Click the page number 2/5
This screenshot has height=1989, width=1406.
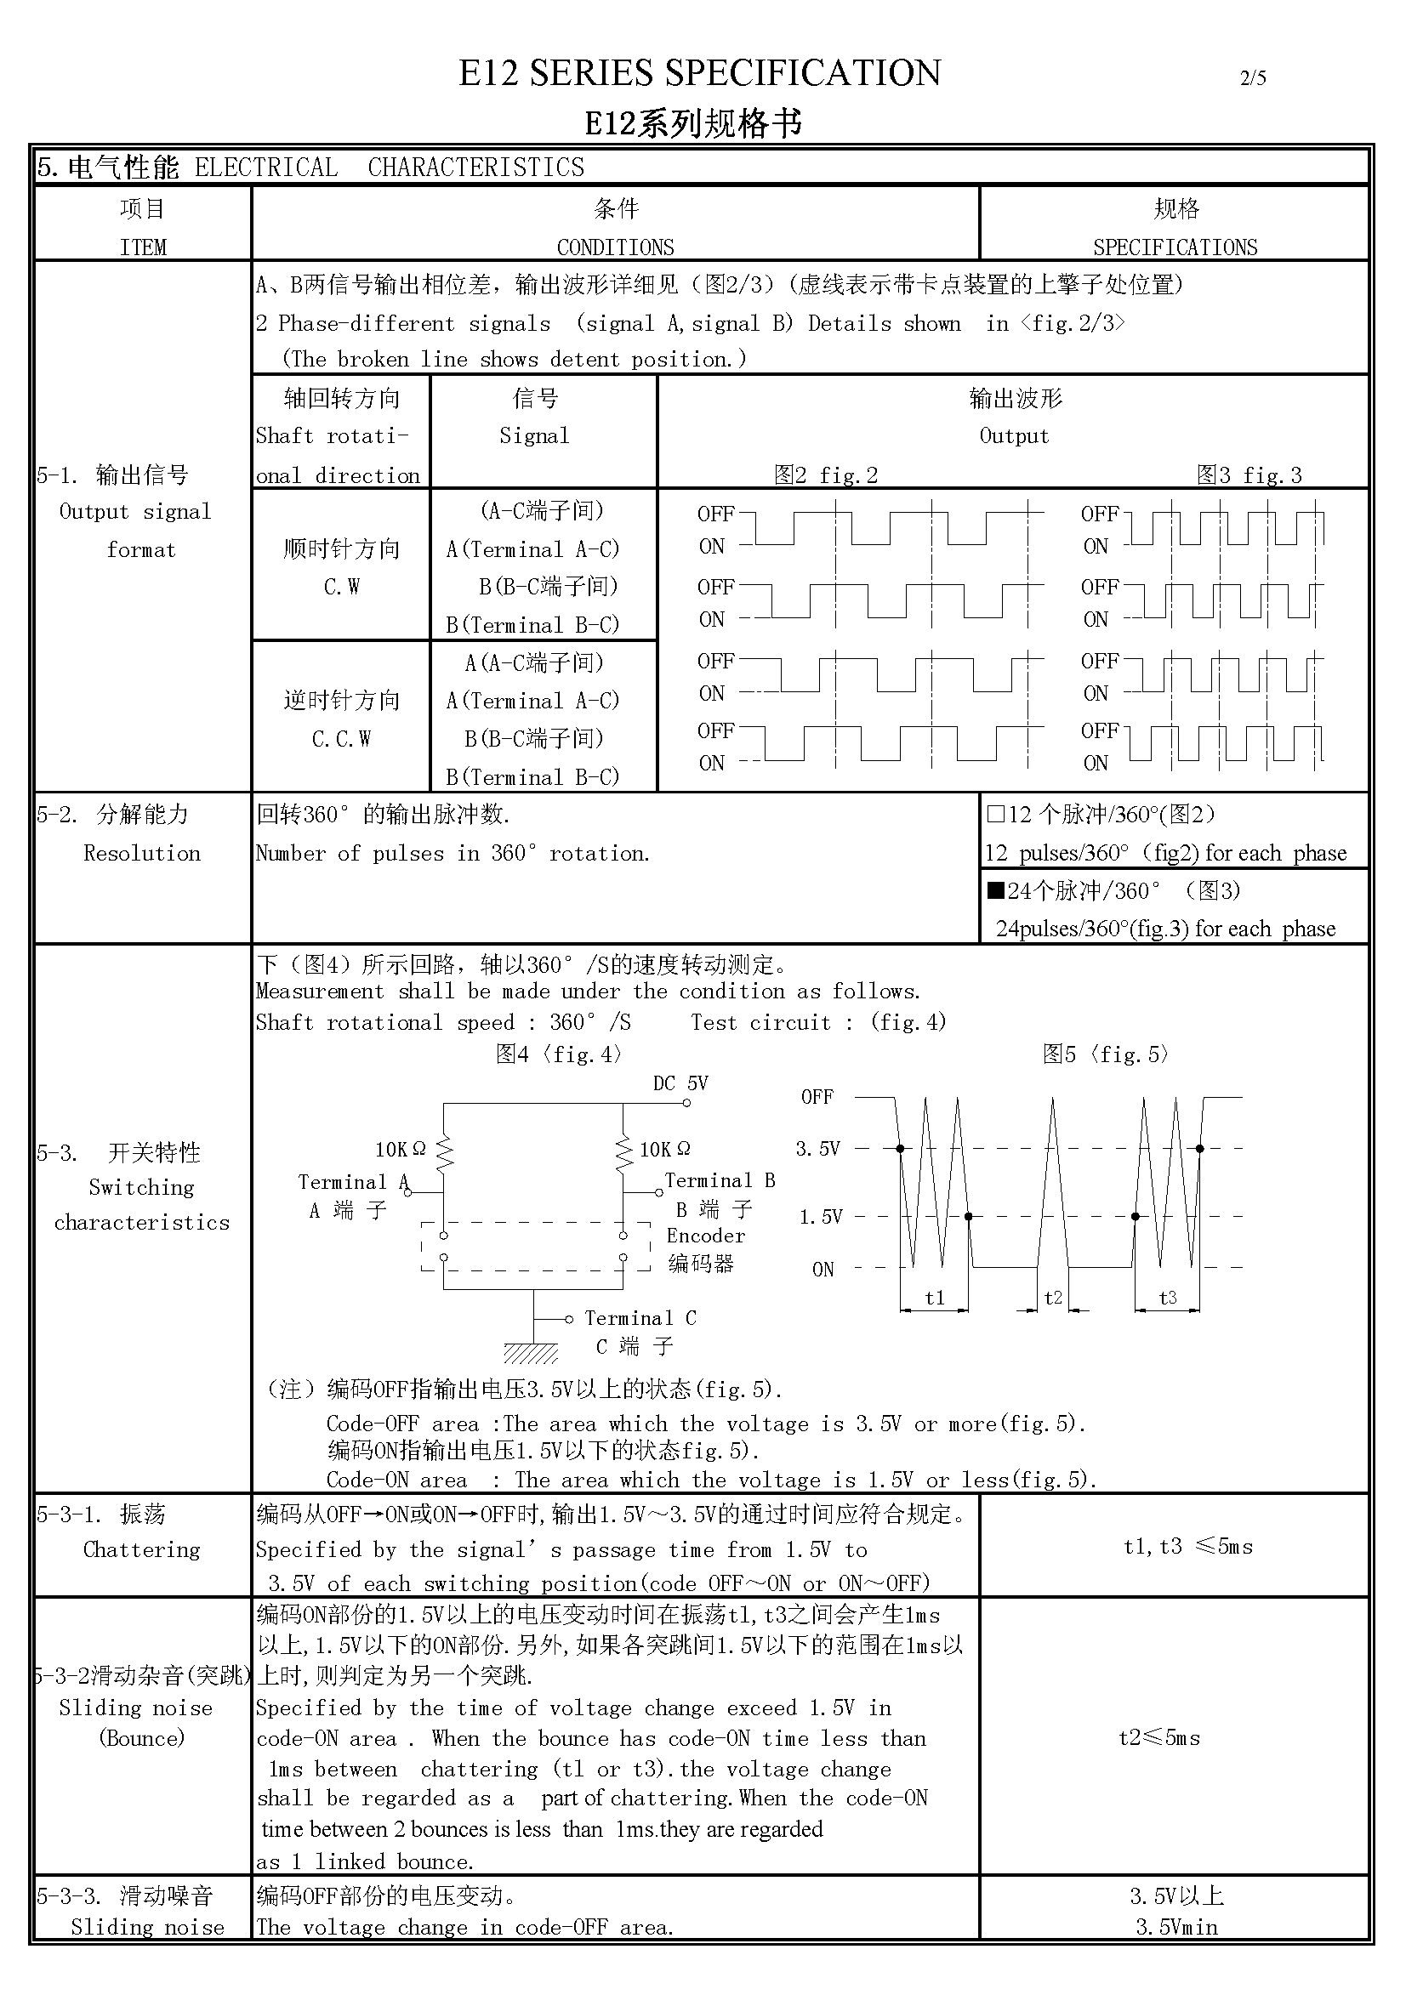click(1252, 78)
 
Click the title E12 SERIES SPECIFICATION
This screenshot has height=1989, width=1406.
click(699, 74)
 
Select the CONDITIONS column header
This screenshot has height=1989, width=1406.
click(615, 247)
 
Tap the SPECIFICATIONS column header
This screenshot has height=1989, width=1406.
click(1174, 247)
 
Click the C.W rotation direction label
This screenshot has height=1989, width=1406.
click(341, 588)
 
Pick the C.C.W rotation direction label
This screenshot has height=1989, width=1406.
click(341, 739)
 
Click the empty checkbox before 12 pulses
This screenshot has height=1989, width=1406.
click(995, 815)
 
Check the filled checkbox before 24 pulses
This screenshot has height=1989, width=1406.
click(995, 890)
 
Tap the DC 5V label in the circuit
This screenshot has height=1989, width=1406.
click(680, 1083)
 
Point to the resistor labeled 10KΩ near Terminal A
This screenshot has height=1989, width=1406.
click(444, 1152)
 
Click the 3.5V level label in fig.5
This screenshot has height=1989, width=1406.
click(817, 1150)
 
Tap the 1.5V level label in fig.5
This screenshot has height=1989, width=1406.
click(821, 1217)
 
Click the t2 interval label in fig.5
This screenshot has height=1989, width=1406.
click(1052, 1298)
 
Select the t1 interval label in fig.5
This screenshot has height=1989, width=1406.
click(934, 1298)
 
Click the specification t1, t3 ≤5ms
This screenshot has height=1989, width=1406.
click(1187, 1547)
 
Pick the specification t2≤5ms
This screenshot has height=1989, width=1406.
click(1159, 1738)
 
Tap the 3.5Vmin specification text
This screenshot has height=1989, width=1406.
click(1176, 1927)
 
